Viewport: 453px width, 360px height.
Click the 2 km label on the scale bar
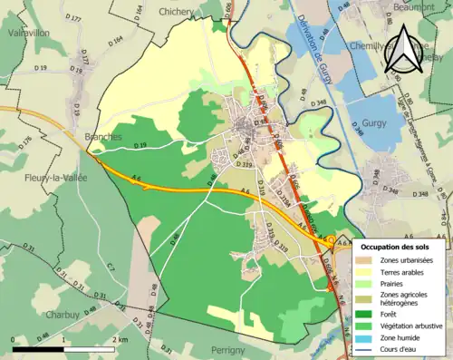(120, 339)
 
